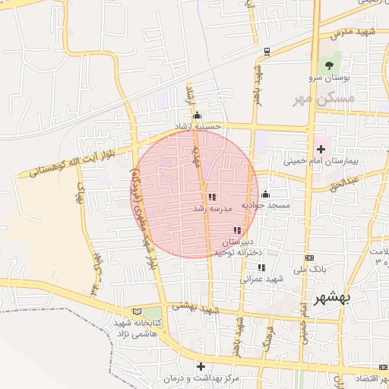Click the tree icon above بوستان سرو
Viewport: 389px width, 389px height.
click(329, 65)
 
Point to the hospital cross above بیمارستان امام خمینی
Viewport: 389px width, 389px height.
click(321, 148)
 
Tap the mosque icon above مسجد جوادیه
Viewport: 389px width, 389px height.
click(265, 194)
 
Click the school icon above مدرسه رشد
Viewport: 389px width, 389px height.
click(211, 197)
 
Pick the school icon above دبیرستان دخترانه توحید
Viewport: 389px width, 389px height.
click(238, 230)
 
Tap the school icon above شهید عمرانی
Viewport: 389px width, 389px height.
click(261, 267)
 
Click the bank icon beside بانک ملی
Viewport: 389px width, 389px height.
click(309, 258)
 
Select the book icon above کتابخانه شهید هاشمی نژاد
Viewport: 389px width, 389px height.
click(137, 311)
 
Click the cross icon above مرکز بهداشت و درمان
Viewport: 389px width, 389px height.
click(201, 365)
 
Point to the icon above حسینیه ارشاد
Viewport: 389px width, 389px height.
click(198, 115)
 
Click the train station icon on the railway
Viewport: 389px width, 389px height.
click(267, 52)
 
